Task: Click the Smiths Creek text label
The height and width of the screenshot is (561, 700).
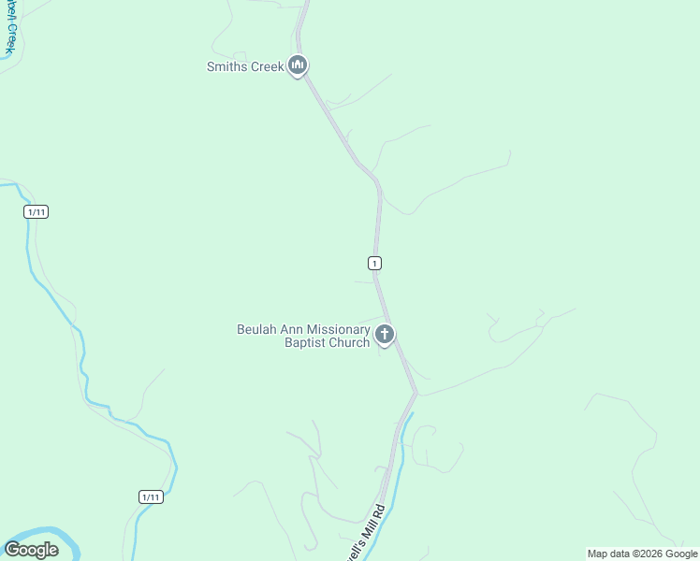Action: (245, 67)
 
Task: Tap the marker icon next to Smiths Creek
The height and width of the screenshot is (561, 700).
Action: (298, 65)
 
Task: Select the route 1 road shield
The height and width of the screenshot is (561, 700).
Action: (374, 263)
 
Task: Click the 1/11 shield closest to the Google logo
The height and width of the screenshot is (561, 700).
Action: (151, 496)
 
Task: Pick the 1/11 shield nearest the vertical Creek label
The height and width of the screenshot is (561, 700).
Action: (36, 212)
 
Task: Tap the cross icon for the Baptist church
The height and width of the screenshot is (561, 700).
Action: (384, 334)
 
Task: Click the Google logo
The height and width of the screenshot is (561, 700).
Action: (32, 550)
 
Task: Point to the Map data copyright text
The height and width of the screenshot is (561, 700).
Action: (643, 554)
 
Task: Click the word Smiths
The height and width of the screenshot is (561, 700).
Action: (226, 67)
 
